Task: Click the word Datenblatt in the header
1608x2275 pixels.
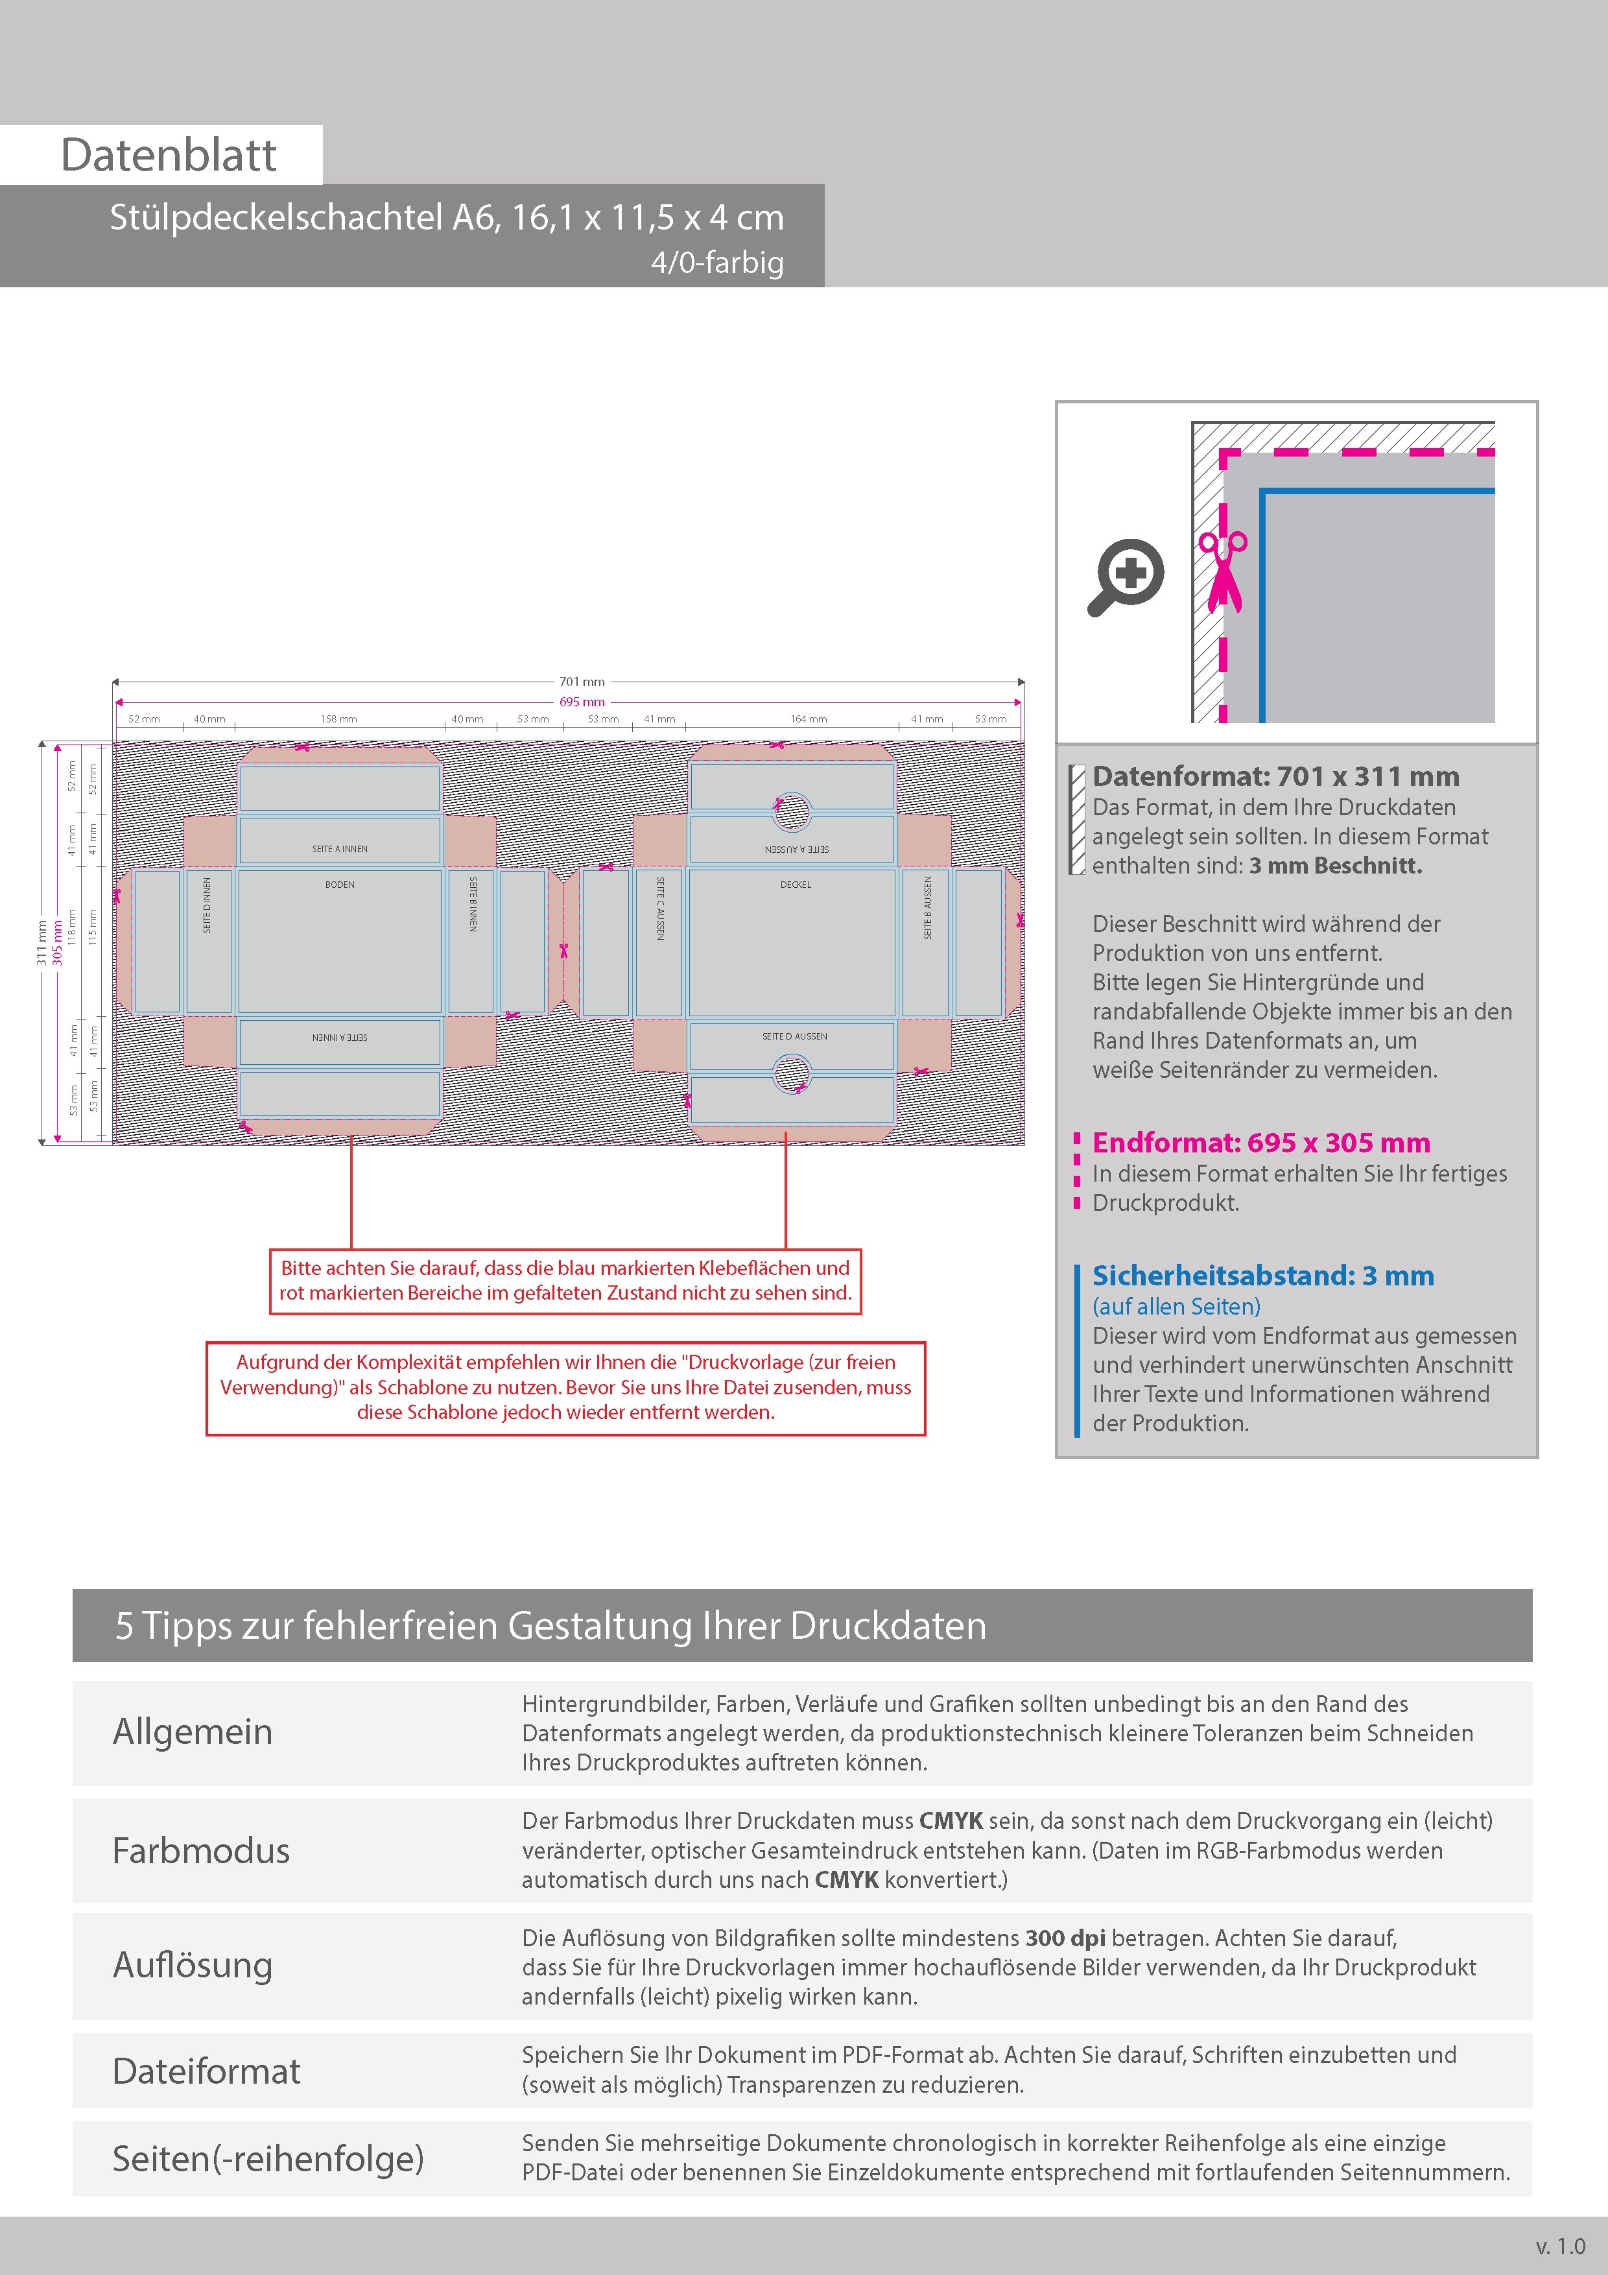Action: [169, 156]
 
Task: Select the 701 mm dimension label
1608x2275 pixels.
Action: [582, 682]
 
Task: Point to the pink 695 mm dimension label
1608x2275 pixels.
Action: [582, 702]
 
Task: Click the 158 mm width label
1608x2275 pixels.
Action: [339, 719]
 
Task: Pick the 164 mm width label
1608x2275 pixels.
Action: [809, 719]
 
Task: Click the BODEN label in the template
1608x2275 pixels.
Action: [340, 885]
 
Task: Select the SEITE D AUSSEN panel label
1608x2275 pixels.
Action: [794, 1036]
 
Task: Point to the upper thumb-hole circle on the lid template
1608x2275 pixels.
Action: [792, 811]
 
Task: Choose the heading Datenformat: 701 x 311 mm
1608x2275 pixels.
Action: [1275, 777]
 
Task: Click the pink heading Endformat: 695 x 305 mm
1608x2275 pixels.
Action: [1260, 1143]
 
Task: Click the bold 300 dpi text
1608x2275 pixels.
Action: [1065, 1938]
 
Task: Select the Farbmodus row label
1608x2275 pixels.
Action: [201, 1851]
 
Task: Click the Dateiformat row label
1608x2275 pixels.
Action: [206, 2071]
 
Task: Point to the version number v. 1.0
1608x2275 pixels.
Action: [1561, 2246]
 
